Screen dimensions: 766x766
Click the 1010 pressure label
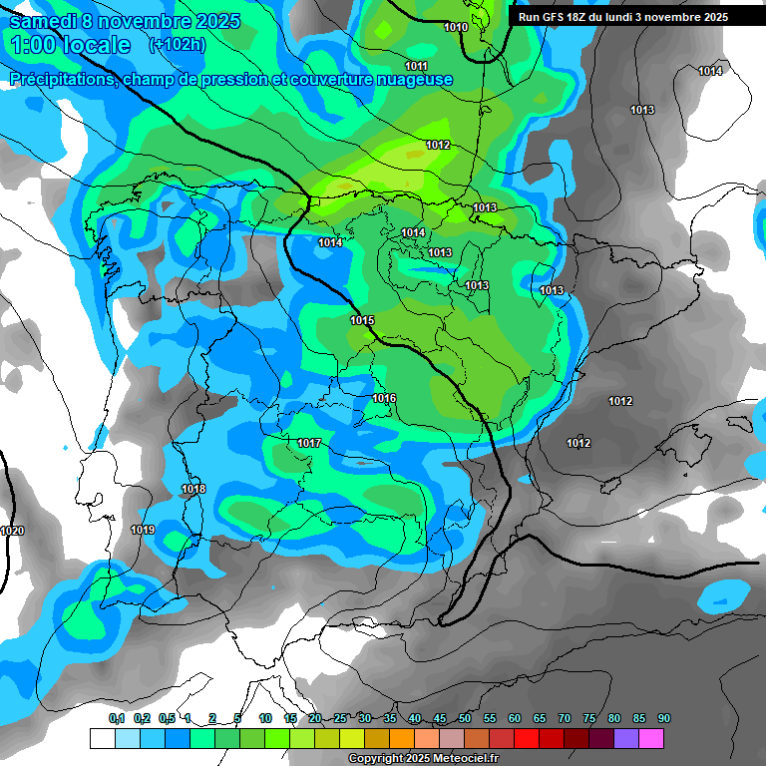456,27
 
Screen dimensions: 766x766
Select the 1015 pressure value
362,320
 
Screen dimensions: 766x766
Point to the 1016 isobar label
384,399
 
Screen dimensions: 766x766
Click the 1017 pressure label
309,443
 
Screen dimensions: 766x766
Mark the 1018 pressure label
193,489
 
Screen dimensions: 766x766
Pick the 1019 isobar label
143,530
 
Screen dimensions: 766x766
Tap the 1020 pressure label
12,531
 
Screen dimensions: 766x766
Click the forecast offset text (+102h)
177,45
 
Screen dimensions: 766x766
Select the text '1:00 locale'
70,45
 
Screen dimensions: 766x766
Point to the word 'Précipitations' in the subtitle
60,80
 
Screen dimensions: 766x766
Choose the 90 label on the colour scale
664,719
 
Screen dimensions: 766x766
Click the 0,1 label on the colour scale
117,719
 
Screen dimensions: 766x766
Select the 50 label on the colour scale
465,719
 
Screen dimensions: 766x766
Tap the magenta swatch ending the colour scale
651,738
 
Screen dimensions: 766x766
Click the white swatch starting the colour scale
102,738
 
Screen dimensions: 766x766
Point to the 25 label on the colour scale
340,719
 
